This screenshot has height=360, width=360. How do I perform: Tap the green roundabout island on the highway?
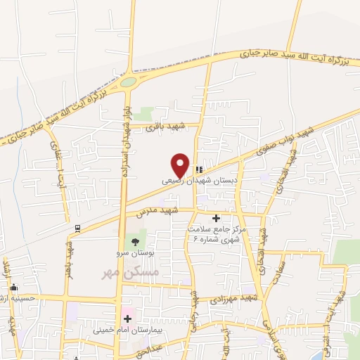(x=128, y=82)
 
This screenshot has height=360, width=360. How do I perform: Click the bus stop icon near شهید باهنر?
(x=77, y=228)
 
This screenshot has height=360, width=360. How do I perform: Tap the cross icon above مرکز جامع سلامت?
(x=216, y=219)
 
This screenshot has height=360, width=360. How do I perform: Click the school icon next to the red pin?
(x=199, y=169)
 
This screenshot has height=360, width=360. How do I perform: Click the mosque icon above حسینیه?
(x=13, y=287)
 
